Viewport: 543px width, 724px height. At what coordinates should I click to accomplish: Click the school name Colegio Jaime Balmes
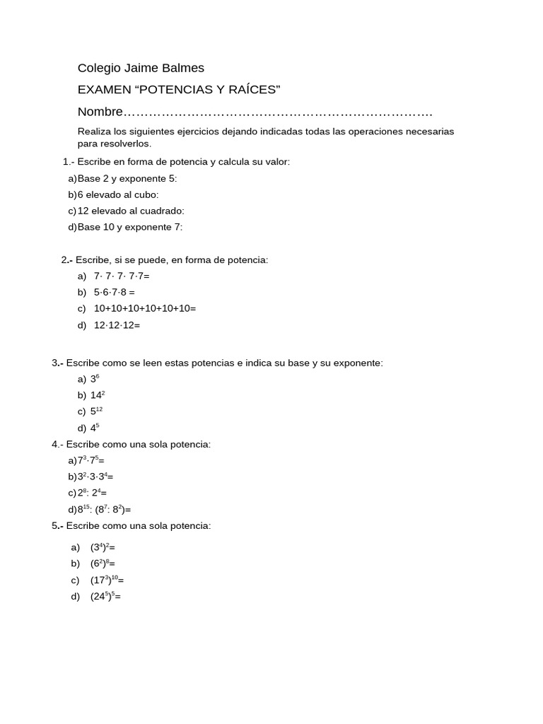pos(141,68)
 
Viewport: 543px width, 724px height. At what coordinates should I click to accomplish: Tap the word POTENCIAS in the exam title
pos(167,90)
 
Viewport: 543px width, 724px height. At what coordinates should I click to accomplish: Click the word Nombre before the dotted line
pos(100,112)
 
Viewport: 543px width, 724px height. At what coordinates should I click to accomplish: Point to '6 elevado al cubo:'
pos(118,194)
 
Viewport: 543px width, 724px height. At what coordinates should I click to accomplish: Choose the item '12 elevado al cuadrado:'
pos(131,211)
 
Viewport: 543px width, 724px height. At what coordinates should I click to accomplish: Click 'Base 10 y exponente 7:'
pos(130,227)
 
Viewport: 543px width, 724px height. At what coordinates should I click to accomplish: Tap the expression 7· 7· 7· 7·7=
pos(122,276)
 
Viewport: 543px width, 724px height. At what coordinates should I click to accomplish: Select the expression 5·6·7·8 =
pos(114,292)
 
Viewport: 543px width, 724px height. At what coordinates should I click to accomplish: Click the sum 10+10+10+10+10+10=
pos(144,308)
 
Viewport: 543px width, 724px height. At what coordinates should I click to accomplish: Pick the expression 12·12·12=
pos(117,325)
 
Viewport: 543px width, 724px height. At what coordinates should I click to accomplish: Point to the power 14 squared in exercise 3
pos(98,395)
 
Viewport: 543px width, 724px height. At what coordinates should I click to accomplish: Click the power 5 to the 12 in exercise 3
pos(96,411)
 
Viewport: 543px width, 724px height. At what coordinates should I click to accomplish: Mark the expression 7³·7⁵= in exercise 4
pos(91,460)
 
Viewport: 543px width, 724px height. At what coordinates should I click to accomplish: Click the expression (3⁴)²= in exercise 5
pos(103,547)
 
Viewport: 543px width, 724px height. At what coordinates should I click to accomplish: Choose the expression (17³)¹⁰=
pos(107,580)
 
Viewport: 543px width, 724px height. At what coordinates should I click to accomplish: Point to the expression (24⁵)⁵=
pos(105,597)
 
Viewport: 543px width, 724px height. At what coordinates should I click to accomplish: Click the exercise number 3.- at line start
pos(57,363)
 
